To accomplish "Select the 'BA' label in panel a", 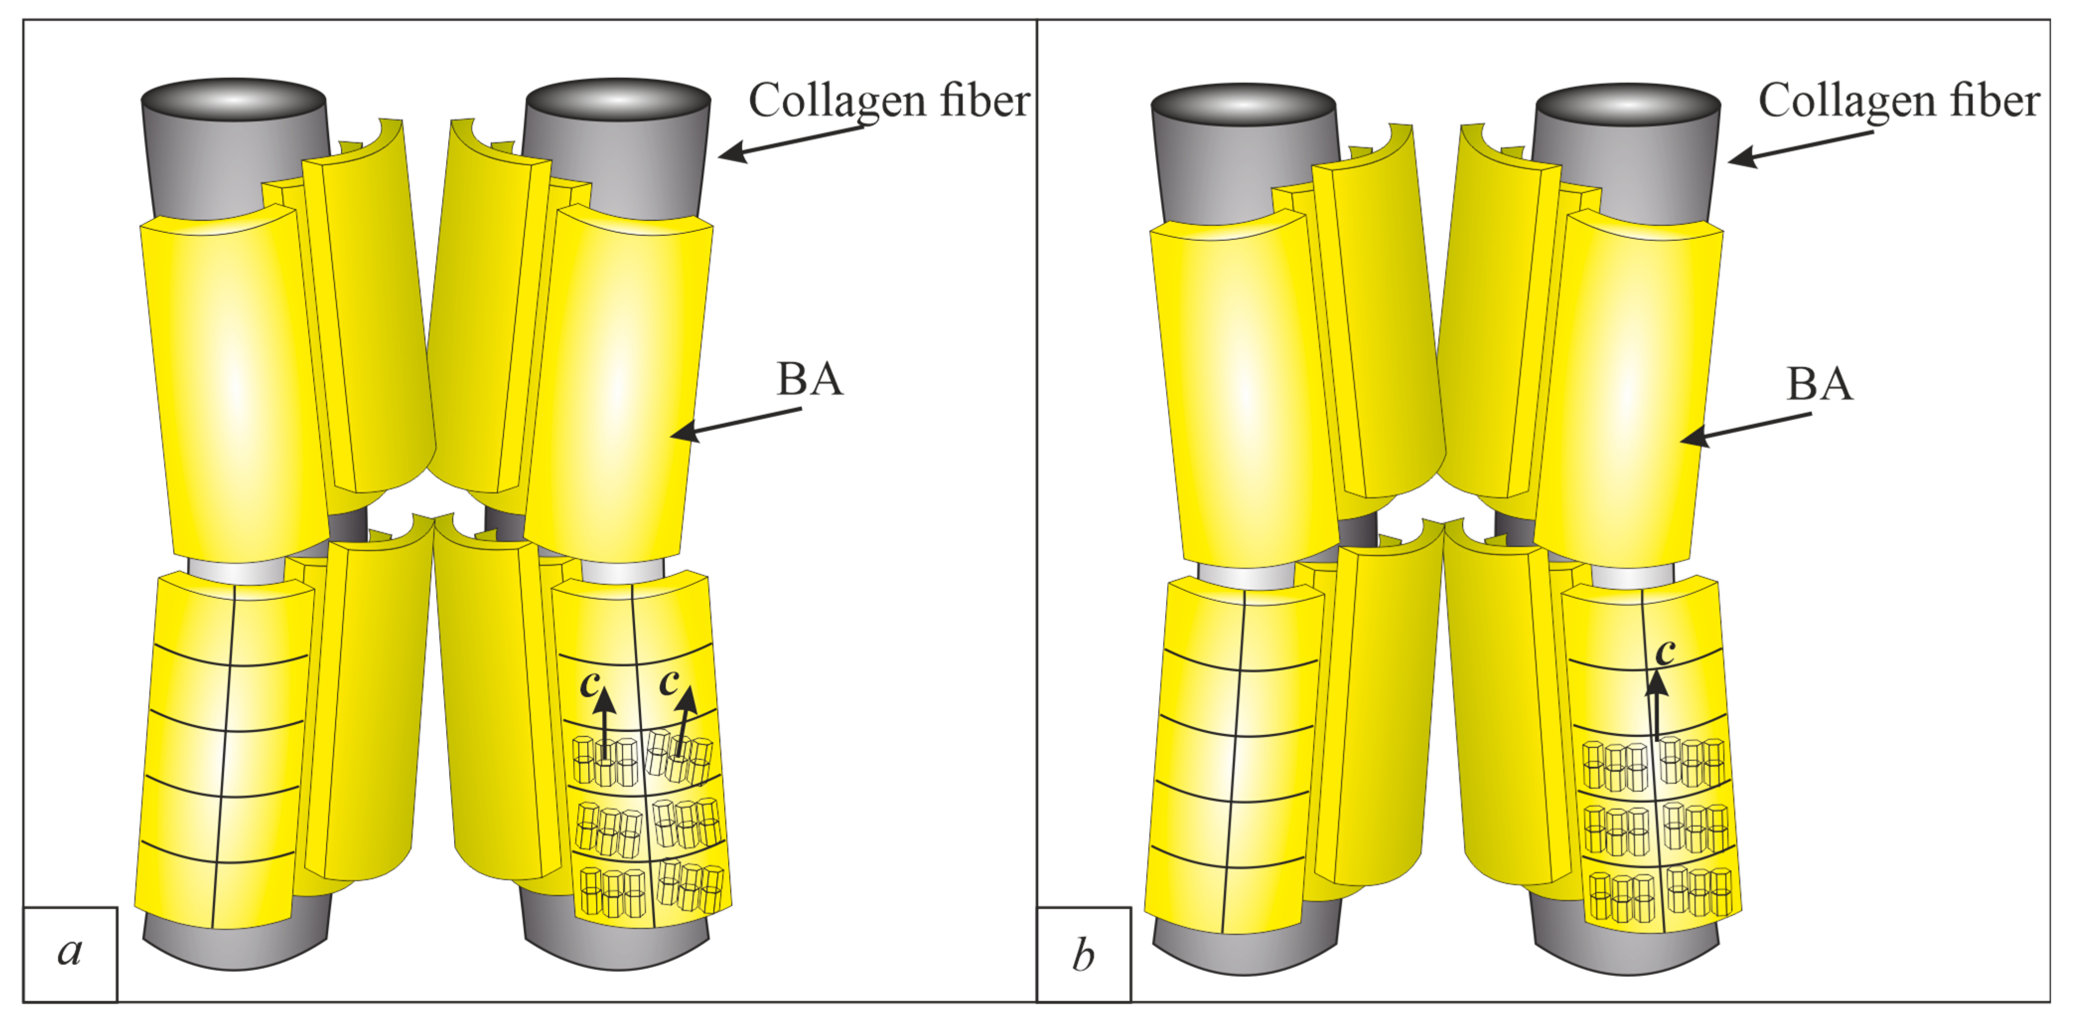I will pyautogui.click(x=810, y=379).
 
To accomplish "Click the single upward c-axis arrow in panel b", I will pyautogui.click(x=1657, y=706).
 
